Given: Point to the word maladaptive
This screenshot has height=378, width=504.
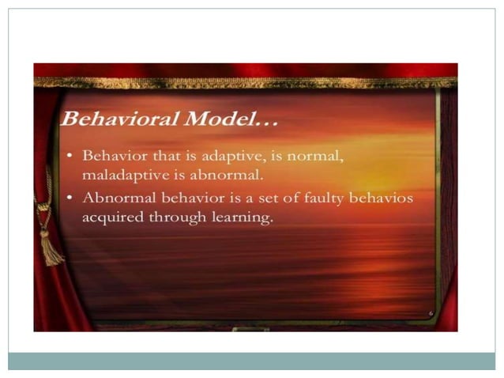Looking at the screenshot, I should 118,174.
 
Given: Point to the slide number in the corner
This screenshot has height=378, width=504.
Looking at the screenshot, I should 431,313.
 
